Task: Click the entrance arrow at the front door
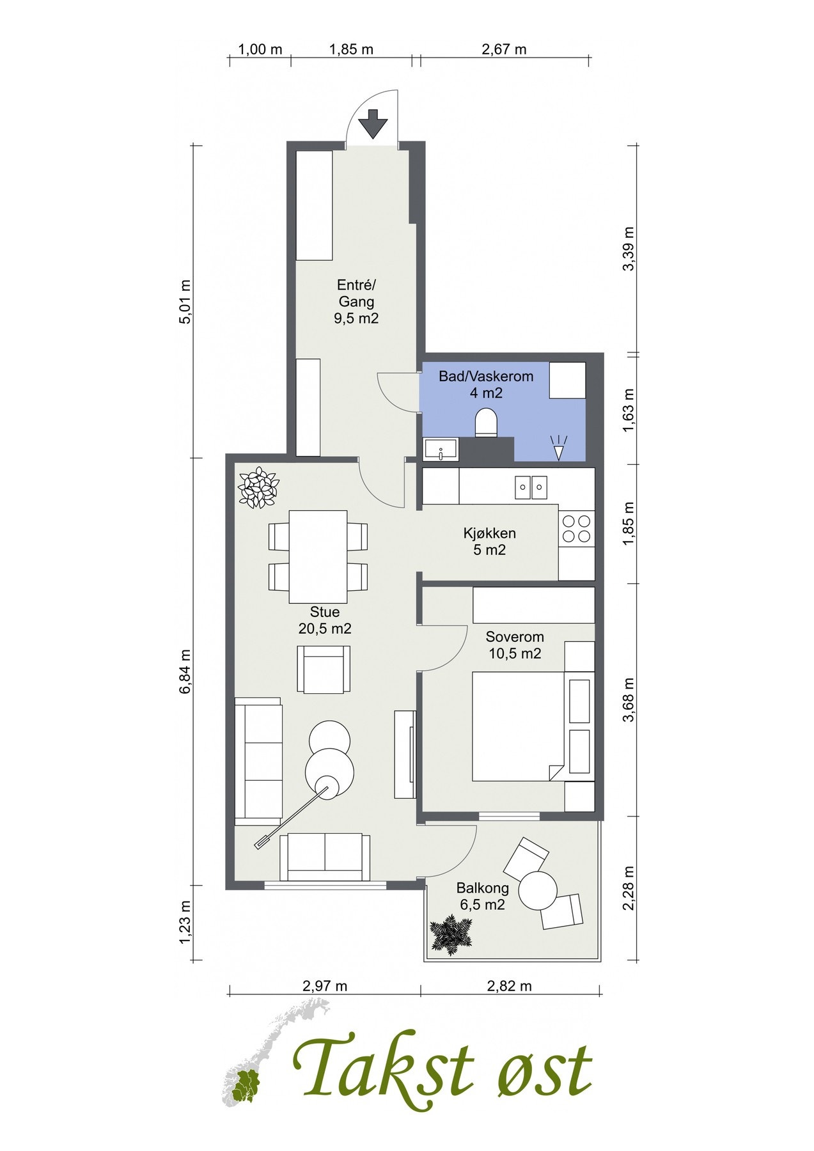(373, 124)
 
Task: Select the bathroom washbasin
(441, 449)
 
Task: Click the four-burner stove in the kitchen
(576, 528)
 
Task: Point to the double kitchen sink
(531, 488)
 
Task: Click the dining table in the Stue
(318, 556)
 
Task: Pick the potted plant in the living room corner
(258, 488)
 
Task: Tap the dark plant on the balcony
(452, 936)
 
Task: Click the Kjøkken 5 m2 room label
(490, 541)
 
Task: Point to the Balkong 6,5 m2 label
(482, 896)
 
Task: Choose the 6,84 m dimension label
(185, 671)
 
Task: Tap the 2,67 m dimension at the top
(504, 49)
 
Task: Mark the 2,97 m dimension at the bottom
(325, 985)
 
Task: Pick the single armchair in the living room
(324, 669)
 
